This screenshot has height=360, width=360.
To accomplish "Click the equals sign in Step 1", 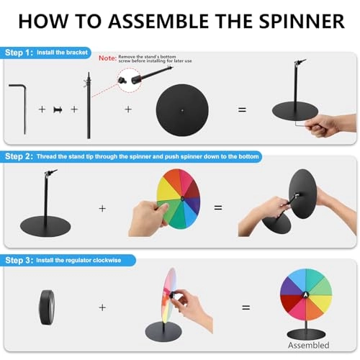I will [x=242, y=109].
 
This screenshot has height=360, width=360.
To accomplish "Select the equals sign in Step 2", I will [x=218, y=207].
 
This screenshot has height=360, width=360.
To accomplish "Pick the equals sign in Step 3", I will [x=246, y=307].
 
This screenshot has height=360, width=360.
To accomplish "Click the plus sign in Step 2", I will [x=102, y=208].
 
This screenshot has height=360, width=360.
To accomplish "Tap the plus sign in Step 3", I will [x=102, y=307].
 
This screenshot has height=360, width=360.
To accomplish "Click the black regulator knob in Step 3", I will [x=48, y=305].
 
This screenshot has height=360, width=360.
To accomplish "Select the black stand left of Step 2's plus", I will [x=48, y=202].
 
